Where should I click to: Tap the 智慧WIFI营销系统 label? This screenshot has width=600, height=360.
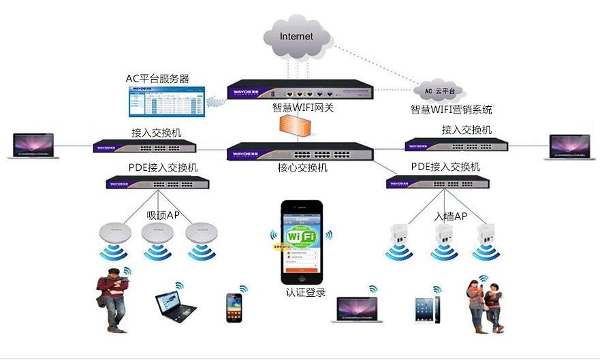tap(451, 109)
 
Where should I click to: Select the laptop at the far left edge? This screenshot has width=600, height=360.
tap(33, 146)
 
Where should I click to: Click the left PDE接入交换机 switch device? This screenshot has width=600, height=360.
tap(157, 182)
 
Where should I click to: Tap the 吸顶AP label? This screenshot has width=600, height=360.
tap(163, 215)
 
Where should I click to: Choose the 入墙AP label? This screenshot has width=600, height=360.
tap(451, 216)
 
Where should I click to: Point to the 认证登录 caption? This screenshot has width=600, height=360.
tap(306, 293)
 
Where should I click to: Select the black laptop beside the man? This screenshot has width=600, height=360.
tap(175, 307)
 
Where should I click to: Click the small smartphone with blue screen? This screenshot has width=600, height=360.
tap(234, 308)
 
